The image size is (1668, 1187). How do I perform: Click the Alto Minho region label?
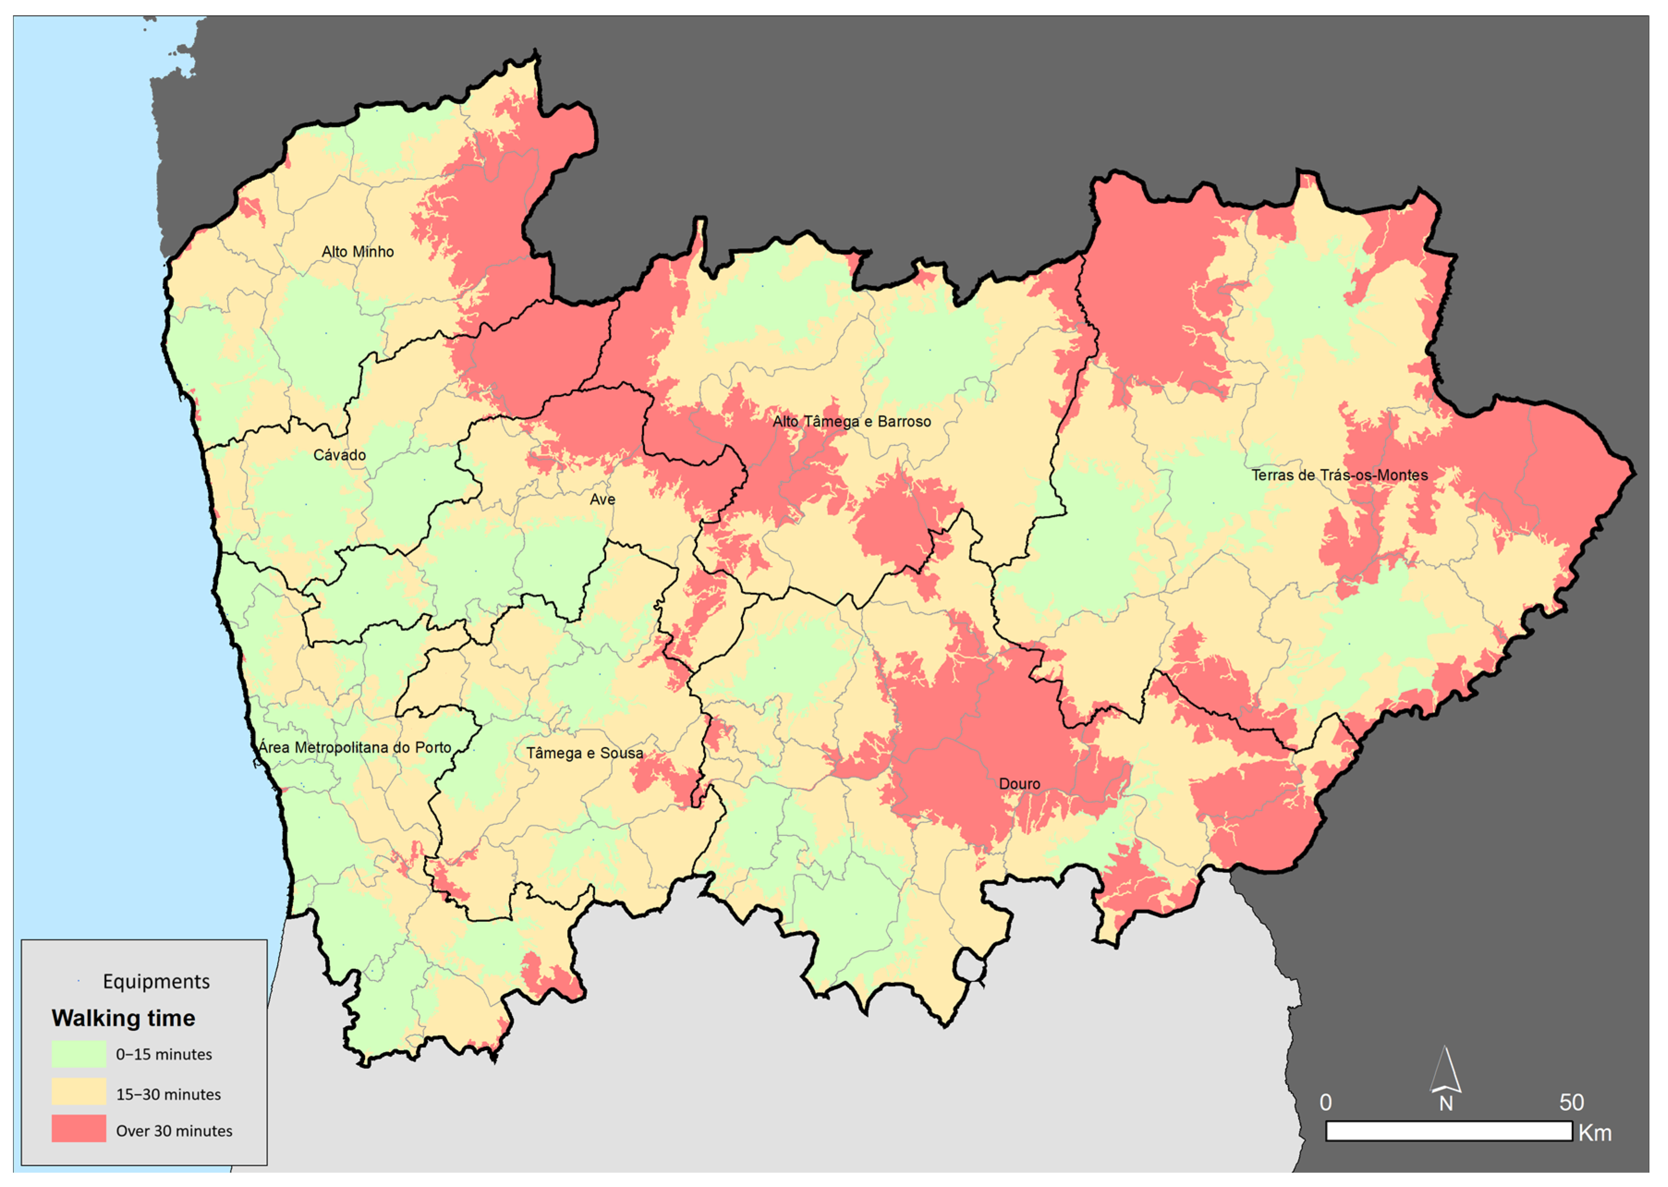358,251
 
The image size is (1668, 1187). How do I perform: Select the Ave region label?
602,499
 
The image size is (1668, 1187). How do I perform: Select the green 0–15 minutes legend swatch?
78,1054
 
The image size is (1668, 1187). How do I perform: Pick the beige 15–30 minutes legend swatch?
78,1093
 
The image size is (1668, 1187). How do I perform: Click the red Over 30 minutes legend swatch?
78,1130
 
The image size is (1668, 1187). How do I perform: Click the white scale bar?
1448,1132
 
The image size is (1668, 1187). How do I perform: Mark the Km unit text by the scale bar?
1595,1133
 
